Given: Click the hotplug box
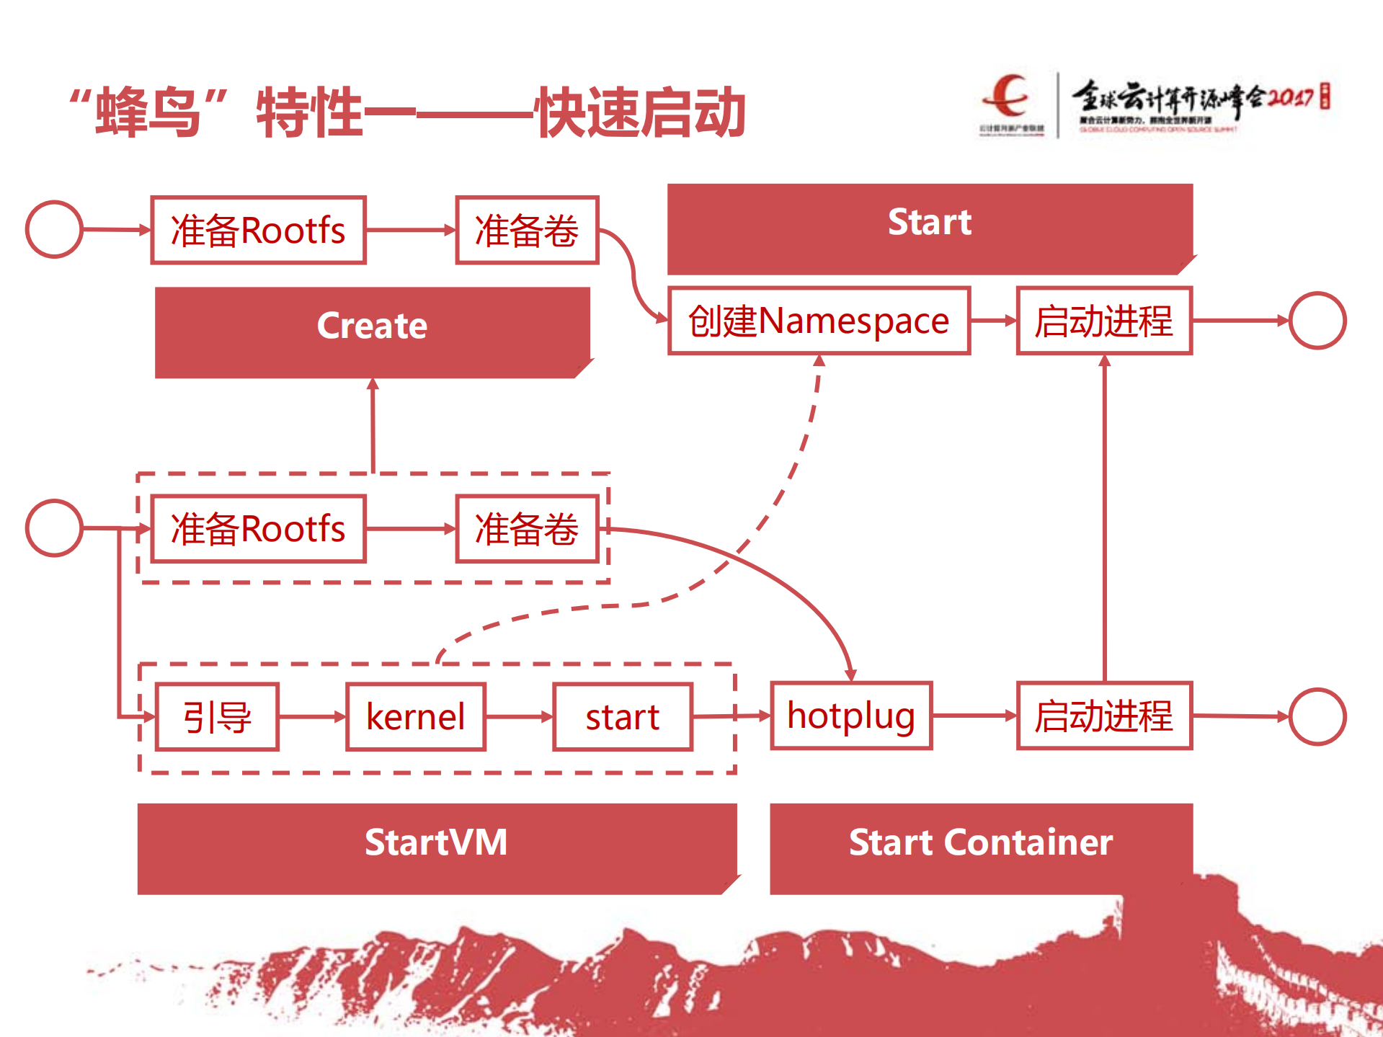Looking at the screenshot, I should pyautogui.click(x=851, y=716).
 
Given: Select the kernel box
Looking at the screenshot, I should pyautogui.click(x=416, y=717).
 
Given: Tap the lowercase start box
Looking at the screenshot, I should pyautogui.click(x=623, y=717).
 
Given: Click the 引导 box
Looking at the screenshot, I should pyautogui.click(x=217, y=717).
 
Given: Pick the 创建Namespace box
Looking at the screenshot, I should pyautogui.click(x=819, y=321).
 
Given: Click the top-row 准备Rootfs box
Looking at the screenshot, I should pyautogui.click(x=258, y=230).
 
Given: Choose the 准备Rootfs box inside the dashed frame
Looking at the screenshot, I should pyautogui.click(x=258, y=528).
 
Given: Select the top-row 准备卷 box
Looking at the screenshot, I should pyautogui.click(x=527, y=230).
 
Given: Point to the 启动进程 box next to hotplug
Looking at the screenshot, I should pyautogui.click(x=1104, y=716).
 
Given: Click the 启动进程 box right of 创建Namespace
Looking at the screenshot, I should pyautogui.click(x=1104, y=321).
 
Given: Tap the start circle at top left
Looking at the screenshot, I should pyautogui.click(x=54, y=229).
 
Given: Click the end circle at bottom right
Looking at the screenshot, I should pyautogui.click(x=1317, y=716).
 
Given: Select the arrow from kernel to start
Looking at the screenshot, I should pyautogui.click(x=519, y=717).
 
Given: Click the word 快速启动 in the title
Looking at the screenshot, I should pyautogui.click(x=641, y=112).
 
